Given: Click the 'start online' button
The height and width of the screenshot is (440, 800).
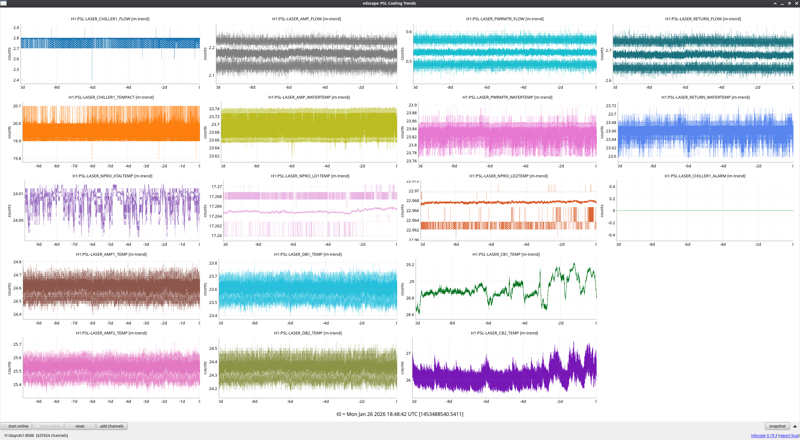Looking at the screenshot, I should tap(16, 426).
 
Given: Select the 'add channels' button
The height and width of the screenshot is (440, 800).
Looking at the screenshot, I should tap(112, 426).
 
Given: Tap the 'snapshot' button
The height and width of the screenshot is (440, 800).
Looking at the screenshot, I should tap(777, 426).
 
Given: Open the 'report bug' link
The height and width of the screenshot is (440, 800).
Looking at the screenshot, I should tap(789, 435).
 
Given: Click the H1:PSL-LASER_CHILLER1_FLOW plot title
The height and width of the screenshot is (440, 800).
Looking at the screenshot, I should tap(110, 19).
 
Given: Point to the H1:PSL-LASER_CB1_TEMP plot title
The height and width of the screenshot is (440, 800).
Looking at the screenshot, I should tap(506, 255).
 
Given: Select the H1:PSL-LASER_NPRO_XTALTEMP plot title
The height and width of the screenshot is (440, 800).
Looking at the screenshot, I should tap(112, 176).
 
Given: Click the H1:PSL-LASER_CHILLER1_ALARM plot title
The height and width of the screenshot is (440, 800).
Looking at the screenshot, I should tap(705, 176).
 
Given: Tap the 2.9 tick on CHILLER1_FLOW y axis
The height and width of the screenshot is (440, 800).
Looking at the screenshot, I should tap(16, 28).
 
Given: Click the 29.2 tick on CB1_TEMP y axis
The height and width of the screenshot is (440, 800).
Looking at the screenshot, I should tap(410, 265).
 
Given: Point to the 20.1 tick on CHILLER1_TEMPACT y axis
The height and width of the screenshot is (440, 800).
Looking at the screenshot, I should tap(17, 106).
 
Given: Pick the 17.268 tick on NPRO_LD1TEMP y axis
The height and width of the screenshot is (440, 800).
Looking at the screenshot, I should tap(215, 197).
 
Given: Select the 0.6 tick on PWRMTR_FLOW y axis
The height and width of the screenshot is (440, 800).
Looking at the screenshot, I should tap(409, 32).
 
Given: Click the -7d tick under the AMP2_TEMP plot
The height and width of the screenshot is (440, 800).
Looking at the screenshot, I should tap(74, 402).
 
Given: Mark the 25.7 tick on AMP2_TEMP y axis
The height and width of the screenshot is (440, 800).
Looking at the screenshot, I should tap(17, 344).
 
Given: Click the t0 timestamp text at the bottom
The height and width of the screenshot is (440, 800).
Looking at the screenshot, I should tap(400, 414).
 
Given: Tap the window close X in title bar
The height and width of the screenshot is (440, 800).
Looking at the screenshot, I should tap(796, 3).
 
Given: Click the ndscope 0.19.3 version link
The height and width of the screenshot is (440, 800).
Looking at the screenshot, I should tap(764, 435).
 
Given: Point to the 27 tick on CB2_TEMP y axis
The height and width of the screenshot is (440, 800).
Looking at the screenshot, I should tap(408, 353).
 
